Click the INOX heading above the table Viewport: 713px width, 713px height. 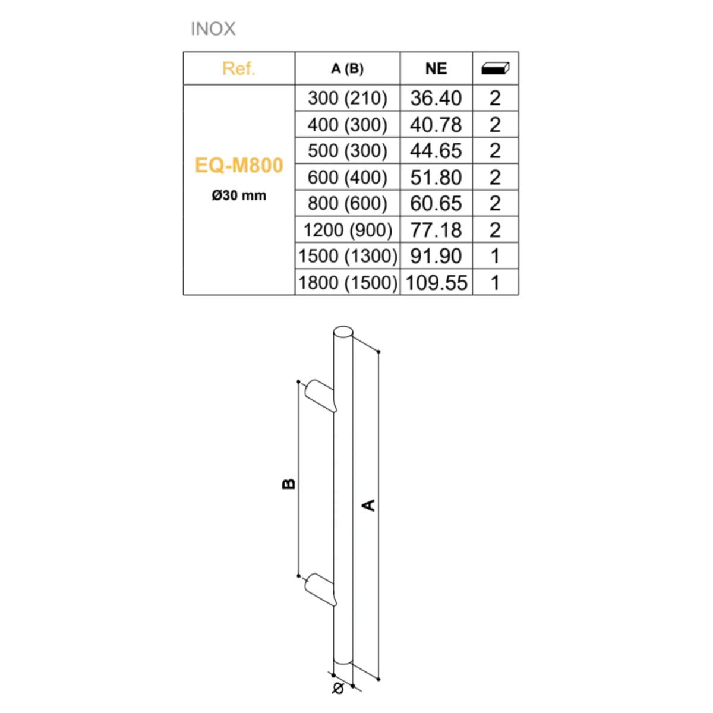point(213,29)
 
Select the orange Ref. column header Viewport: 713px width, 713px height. point(239,68)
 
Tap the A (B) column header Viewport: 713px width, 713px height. point(347,68)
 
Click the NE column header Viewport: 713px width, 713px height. point(436,68)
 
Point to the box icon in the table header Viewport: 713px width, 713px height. point(495,68)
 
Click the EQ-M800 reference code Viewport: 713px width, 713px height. point(239,165)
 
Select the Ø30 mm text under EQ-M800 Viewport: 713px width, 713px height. point(239,195)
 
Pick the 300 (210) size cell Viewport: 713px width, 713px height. point(347,98)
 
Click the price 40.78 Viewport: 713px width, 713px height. point(436,125)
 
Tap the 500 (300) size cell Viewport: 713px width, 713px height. point(347,150)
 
